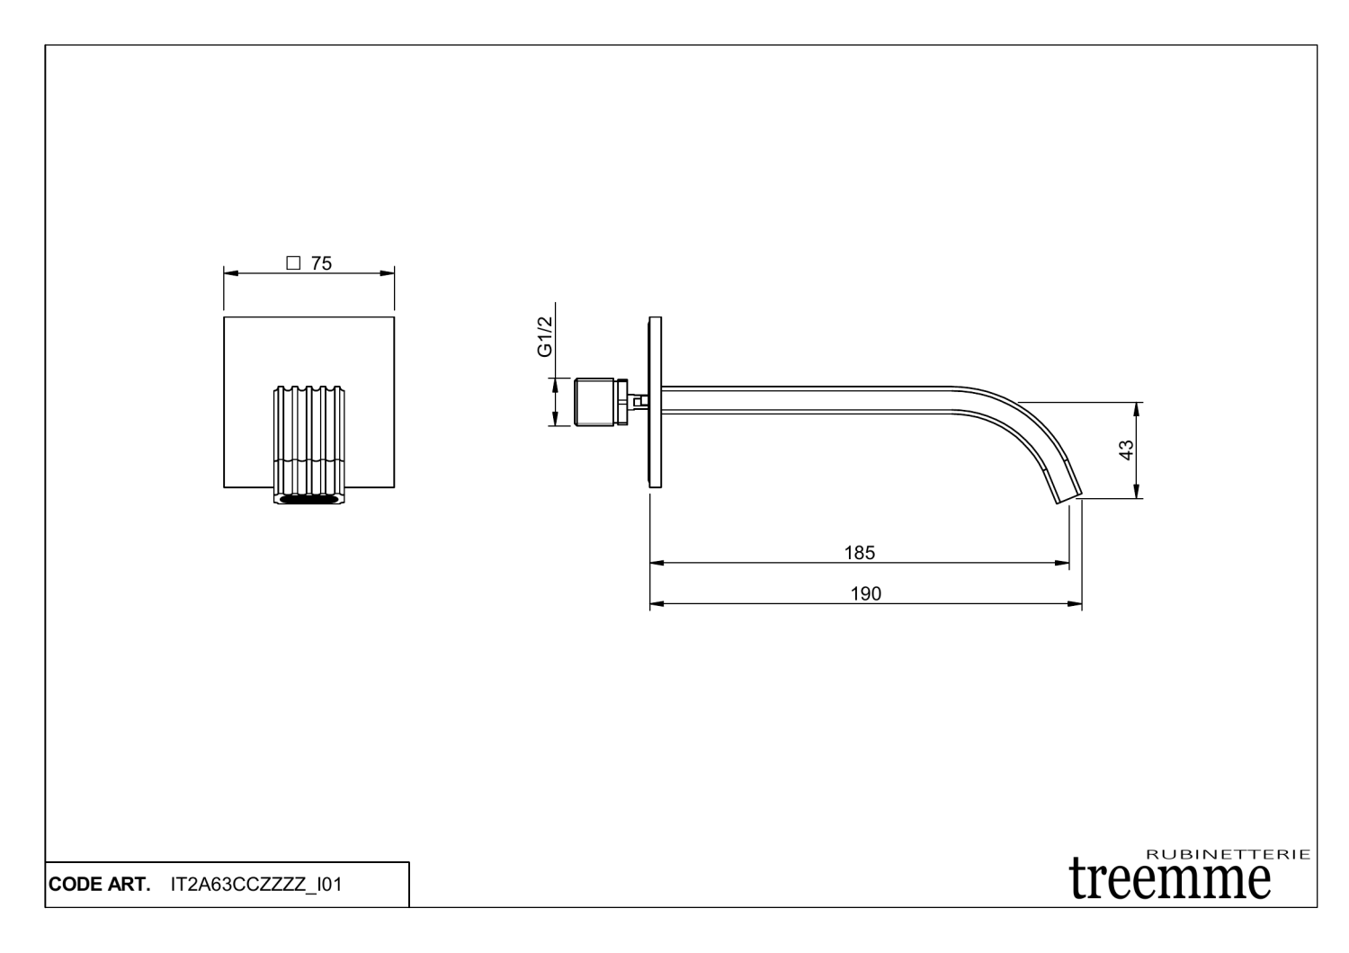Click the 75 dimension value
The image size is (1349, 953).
[x=322, y=263]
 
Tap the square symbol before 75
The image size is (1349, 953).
[x=292, y=263]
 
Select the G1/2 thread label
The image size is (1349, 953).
[x=545, y=337]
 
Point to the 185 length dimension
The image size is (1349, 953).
[x=860, y=552]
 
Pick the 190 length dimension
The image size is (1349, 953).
[x=865, y=593]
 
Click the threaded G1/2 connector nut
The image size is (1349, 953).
[x=594, y=401]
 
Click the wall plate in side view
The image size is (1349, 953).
[x=655, y=400]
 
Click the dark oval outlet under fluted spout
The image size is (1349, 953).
[x=308, y=500]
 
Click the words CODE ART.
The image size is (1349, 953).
[x=99, y=885]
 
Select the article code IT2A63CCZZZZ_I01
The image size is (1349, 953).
[x=255, y=885]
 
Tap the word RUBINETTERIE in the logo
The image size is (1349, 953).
[x=1228, y=854]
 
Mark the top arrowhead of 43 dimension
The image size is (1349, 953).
[x=1137, y=406]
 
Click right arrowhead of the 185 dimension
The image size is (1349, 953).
[x=1064, y=564]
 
